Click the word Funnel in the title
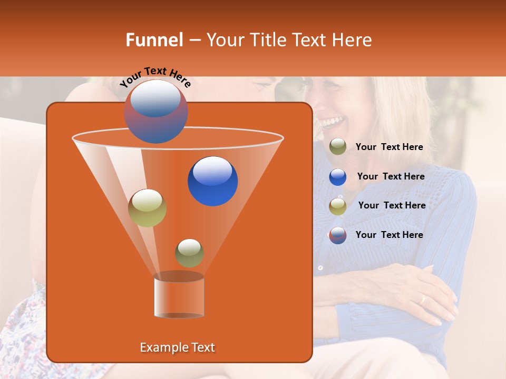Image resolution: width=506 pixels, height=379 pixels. (x=154, y=40)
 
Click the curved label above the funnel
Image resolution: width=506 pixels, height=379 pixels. (x=155, y=77)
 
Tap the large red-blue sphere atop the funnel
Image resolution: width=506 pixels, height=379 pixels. (x=156, y=112)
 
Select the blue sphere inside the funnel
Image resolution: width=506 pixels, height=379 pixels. (x=212, y=181)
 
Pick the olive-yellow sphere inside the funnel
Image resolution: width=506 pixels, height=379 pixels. (x=148, y=208)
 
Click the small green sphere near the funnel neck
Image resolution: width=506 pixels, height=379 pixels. (x=189, y=253)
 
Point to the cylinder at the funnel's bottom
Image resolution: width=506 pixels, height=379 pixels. (x=179, y=295)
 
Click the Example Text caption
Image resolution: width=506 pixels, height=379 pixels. (x=177, y=347)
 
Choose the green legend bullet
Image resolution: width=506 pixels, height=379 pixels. (x=338, y=147)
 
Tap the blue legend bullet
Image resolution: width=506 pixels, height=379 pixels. (x=338, y=177)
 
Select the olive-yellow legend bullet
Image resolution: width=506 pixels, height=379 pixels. (x=338, y=206)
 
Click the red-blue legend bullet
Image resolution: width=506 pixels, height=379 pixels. (x=338, y=235)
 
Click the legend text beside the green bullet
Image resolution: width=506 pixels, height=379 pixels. (x=389, y=147)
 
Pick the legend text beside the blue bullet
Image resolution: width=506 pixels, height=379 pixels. (x=391, y=177)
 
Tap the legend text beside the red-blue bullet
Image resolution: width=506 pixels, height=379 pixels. (x=389, y=235)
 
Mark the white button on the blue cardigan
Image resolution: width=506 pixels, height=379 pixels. (x=320, y=268)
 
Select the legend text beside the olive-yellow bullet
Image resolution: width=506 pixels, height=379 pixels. (x=392, y=206)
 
